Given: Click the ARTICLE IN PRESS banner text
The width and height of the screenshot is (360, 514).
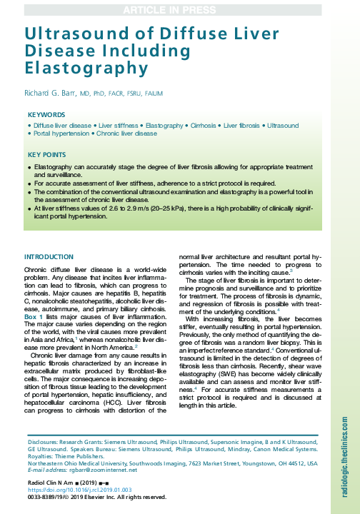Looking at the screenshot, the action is coord(179,9).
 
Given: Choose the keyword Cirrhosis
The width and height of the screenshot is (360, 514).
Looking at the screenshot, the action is coord(204,126).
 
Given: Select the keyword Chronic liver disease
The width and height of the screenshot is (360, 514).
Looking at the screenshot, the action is coord(127,133).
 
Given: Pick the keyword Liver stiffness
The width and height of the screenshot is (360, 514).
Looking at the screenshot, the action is coord(119,126).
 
